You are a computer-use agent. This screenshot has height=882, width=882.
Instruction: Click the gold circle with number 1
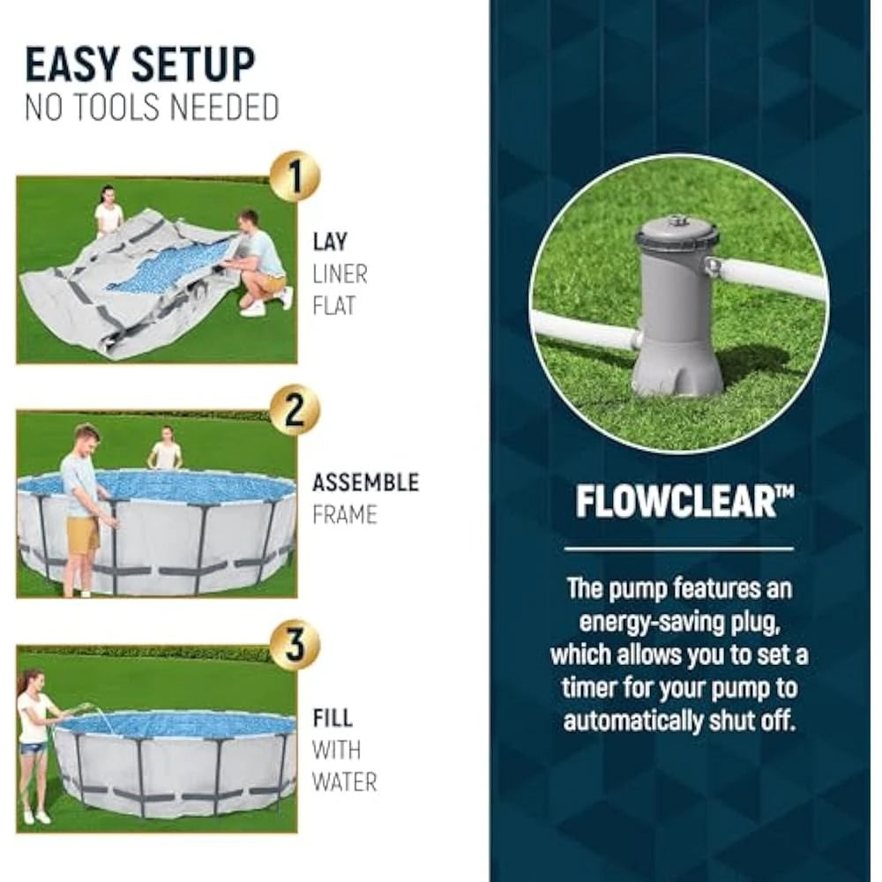(x=295, y=176)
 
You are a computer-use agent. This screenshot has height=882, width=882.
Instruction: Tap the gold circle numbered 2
(x=295, y=410)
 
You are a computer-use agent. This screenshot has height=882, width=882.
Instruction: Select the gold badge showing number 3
(x=295, y=645)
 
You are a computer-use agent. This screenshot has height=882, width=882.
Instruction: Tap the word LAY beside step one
(x=330, y=242)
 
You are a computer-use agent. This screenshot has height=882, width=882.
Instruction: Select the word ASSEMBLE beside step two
(x=366, y=482)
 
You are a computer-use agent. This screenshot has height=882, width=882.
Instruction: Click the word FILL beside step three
(x=333, y=718)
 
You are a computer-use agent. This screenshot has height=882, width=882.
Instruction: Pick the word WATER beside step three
(x=344, y=782)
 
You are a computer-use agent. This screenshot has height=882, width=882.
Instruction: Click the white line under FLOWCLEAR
(x=678, y=549)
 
